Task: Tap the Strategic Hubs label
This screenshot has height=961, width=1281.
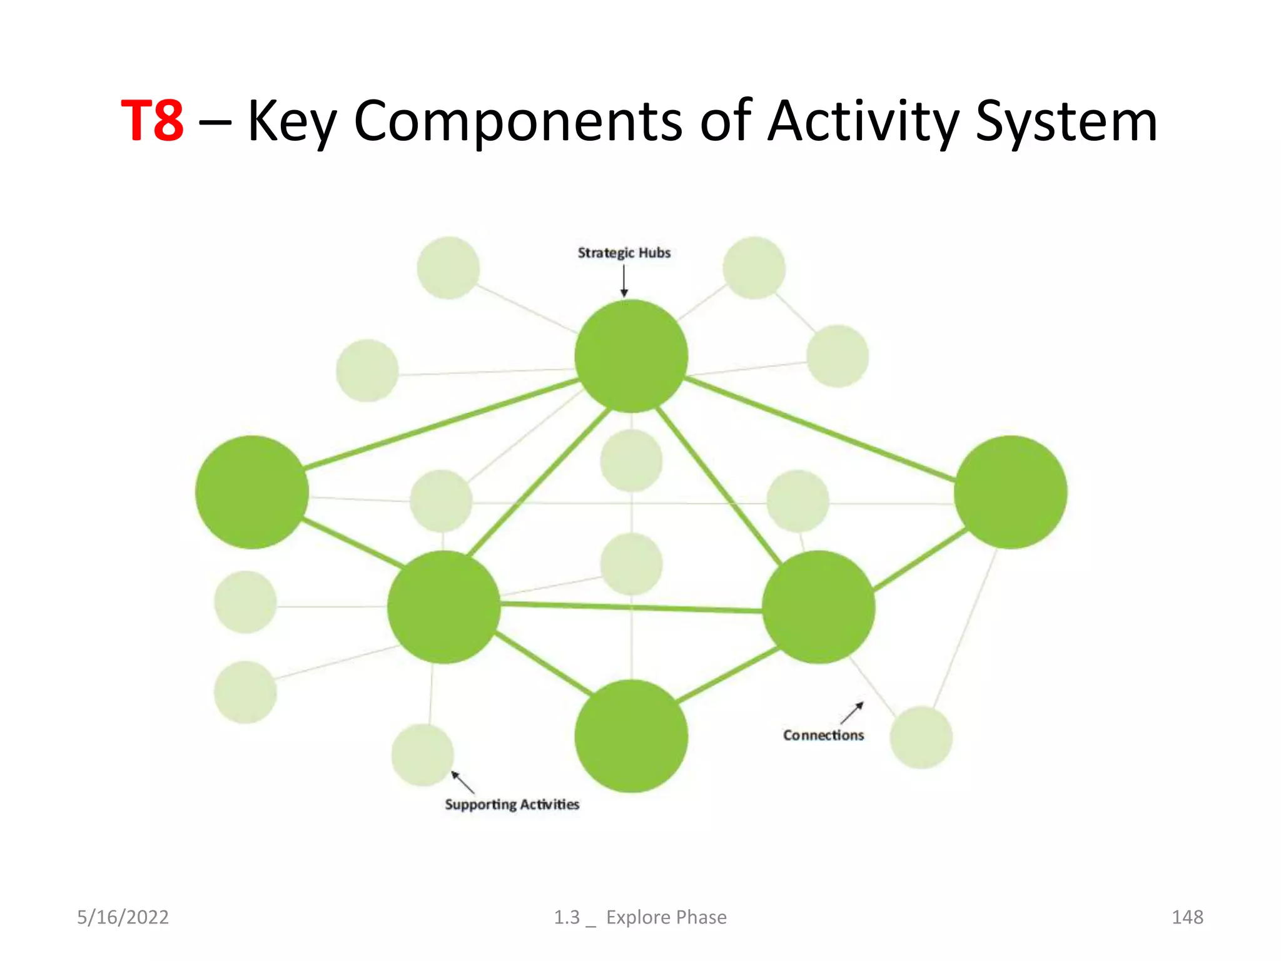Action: click(x=624, y=253)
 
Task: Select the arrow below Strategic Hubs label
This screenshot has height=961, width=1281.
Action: click(x=624, y=281)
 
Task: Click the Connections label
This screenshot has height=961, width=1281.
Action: click(x=823, y=735)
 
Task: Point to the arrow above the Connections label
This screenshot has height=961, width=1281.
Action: click(x=852, y=713)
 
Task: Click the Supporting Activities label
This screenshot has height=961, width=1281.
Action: click(x=512, y=805)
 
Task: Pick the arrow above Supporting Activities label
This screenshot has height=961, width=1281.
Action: click(x=463, y=783)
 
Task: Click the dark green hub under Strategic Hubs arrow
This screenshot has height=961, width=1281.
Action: click(x=631, y=356)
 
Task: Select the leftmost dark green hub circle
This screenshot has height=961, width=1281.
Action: click(x=251, y=492)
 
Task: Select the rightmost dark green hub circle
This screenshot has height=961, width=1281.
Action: click(x=1010, y=492)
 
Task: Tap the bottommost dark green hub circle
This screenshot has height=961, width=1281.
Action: click(x=631, y=736)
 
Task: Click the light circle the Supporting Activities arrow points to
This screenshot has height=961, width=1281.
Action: click(x=423, y=755)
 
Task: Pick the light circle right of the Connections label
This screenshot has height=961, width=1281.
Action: click(x=921, y=738)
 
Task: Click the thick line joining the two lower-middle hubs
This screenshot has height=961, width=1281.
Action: click(x=632, y=607)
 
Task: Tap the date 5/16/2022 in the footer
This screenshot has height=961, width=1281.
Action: click(x=123, y=917)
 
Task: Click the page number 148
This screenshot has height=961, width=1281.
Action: click(x=1187, y=917)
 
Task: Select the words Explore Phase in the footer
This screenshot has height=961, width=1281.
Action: click(x=666, y=917)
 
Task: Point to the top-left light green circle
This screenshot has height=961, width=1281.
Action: click(x=448, y=268)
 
